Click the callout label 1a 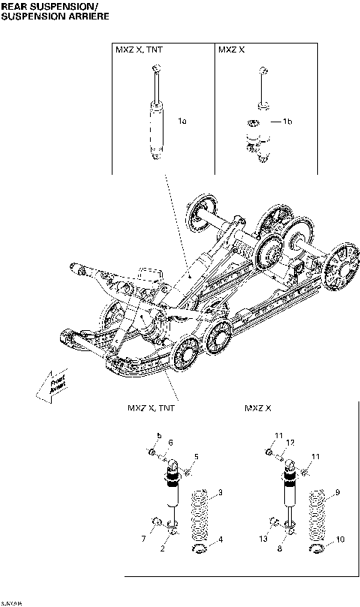coord(182,120)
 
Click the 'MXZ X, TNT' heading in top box coord(137,50)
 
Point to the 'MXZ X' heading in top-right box coord(229,50)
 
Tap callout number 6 coord(170,442)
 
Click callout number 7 coord(143,539)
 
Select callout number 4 coord(220,539)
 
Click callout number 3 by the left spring coord(220,492)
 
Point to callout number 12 coord(290,442)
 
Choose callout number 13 coord(262,539)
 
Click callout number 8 coord(280,550)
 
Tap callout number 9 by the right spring coord(338,492)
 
